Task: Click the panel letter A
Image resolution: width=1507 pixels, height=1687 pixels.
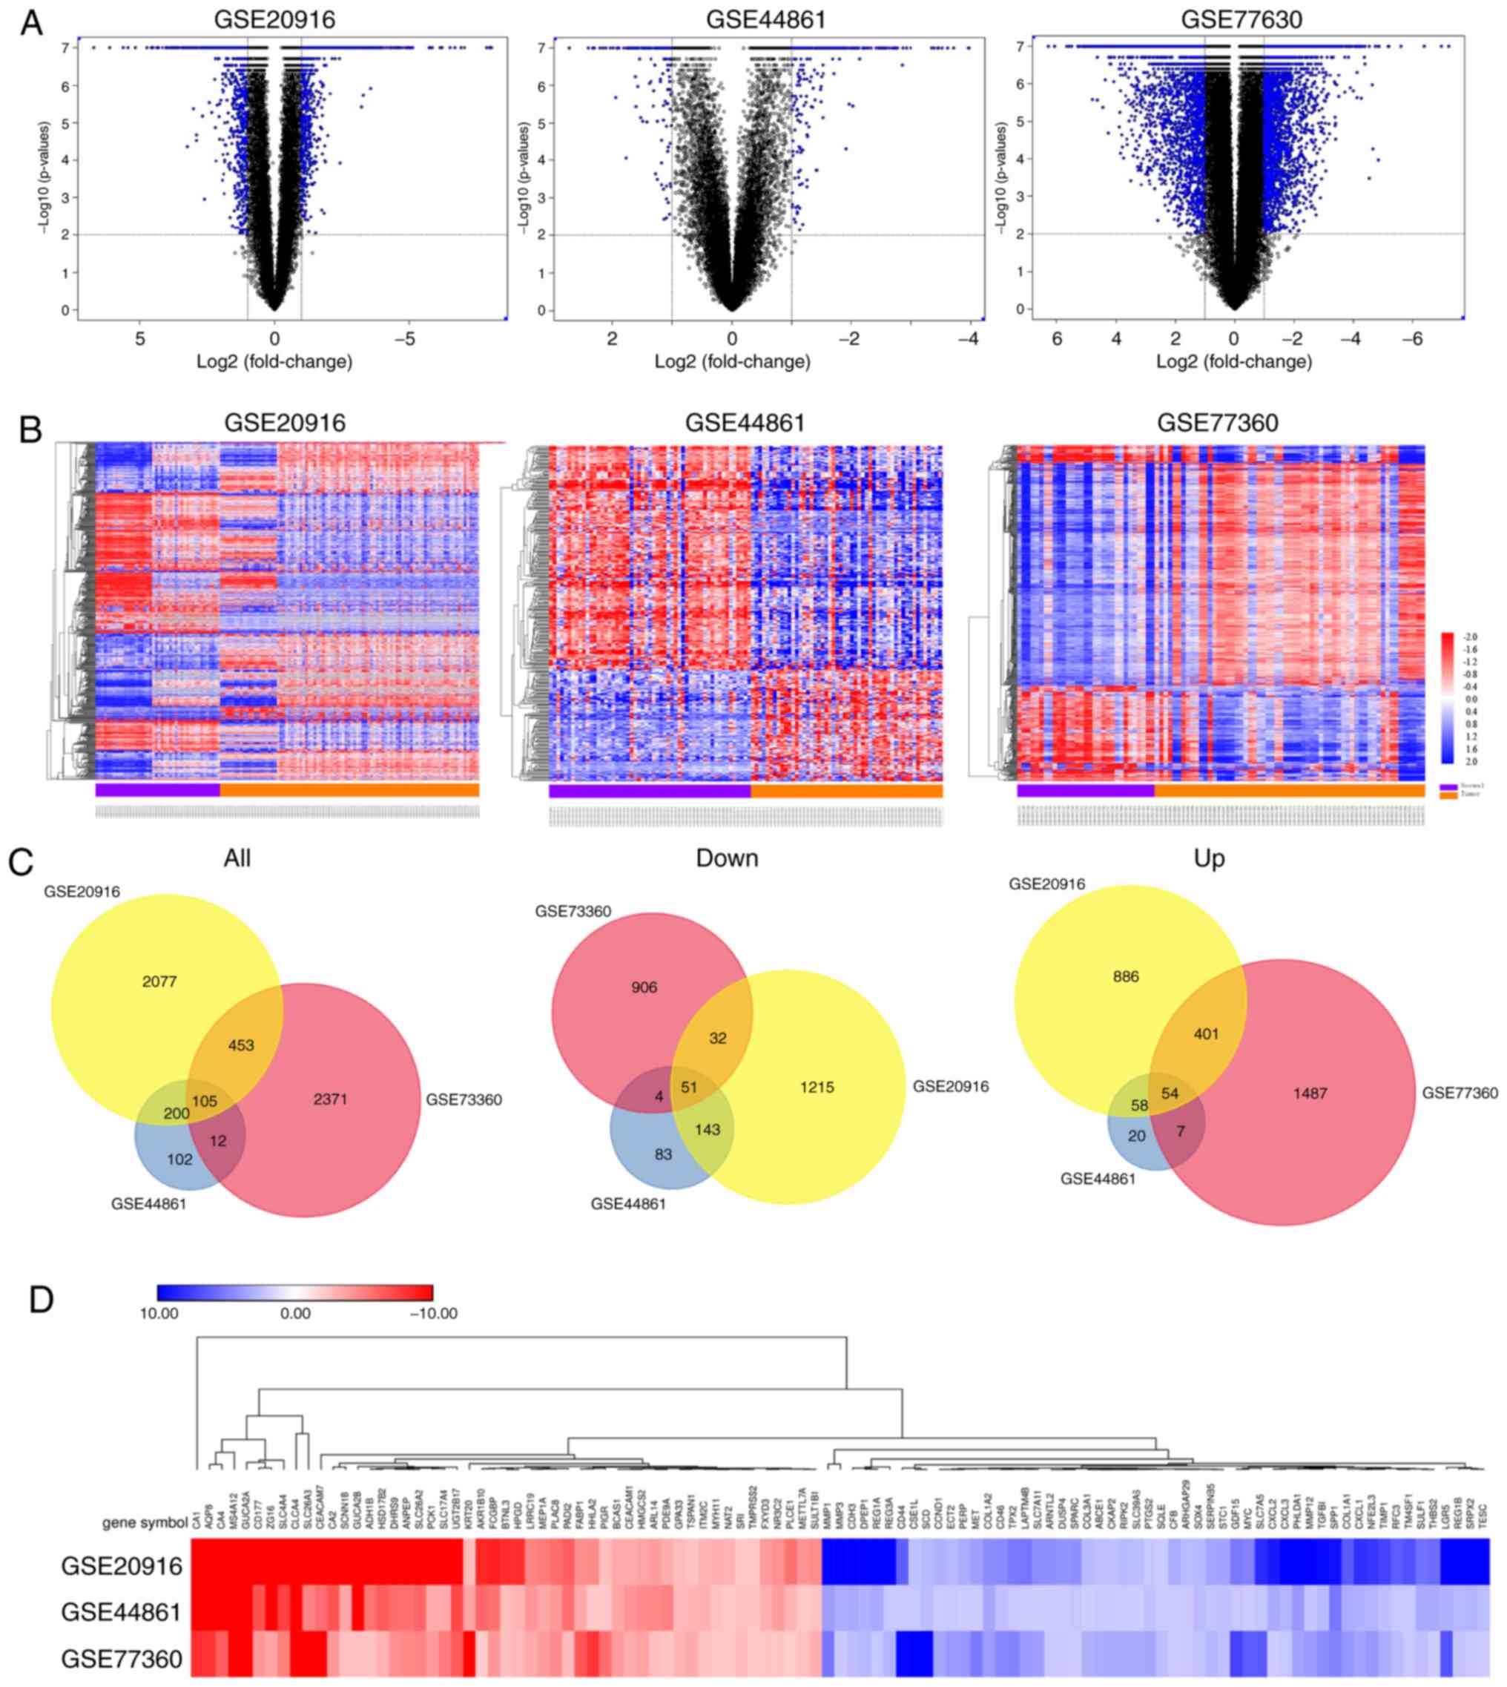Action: (x=31, y=22)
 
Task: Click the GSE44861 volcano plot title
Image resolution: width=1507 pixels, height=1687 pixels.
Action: (x=765, y=19)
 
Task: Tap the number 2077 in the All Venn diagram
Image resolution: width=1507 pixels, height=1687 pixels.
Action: (x=159, y=981)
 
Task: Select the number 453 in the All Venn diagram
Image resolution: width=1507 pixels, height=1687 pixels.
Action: (x=240, y=1045)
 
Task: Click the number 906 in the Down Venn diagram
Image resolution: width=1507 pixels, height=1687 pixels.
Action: (x=644, y=987)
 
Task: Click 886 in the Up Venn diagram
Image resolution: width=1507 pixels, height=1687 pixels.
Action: (x=1126, y=976)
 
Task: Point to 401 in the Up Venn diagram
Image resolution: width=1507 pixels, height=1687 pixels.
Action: (x=1206, y=1033)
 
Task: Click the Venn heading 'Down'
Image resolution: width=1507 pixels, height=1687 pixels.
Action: (x=727, y=859)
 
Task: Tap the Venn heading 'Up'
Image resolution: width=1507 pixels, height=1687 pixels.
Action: (x=1209, y=859)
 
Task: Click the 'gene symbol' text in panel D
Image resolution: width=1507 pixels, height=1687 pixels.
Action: (x=144, y=1522)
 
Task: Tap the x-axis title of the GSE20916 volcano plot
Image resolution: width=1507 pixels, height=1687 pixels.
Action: (x=274, y=362)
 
